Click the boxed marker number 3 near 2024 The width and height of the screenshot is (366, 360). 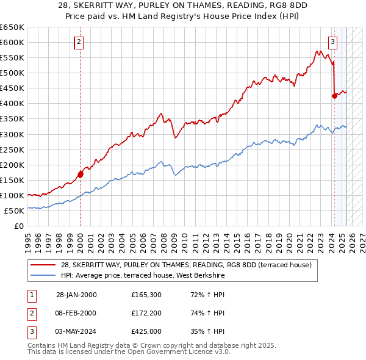(332, 42)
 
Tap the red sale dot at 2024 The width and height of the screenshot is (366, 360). (334, 96)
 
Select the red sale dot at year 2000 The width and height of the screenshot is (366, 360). (81, 175)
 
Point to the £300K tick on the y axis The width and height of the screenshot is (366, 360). (12, 134)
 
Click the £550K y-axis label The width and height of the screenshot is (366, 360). (12, 57)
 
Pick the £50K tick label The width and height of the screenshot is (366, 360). (15, 211)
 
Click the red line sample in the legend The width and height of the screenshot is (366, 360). (43, 265)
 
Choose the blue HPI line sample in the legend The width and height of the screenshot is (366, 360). (43, 276)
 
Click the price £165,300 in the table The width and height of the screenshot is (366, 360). (146, 295)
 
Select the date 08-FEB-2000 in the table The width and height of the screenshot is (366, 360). (76, 313)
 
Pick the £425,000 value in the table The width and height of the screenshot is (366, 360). (146, 331)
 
